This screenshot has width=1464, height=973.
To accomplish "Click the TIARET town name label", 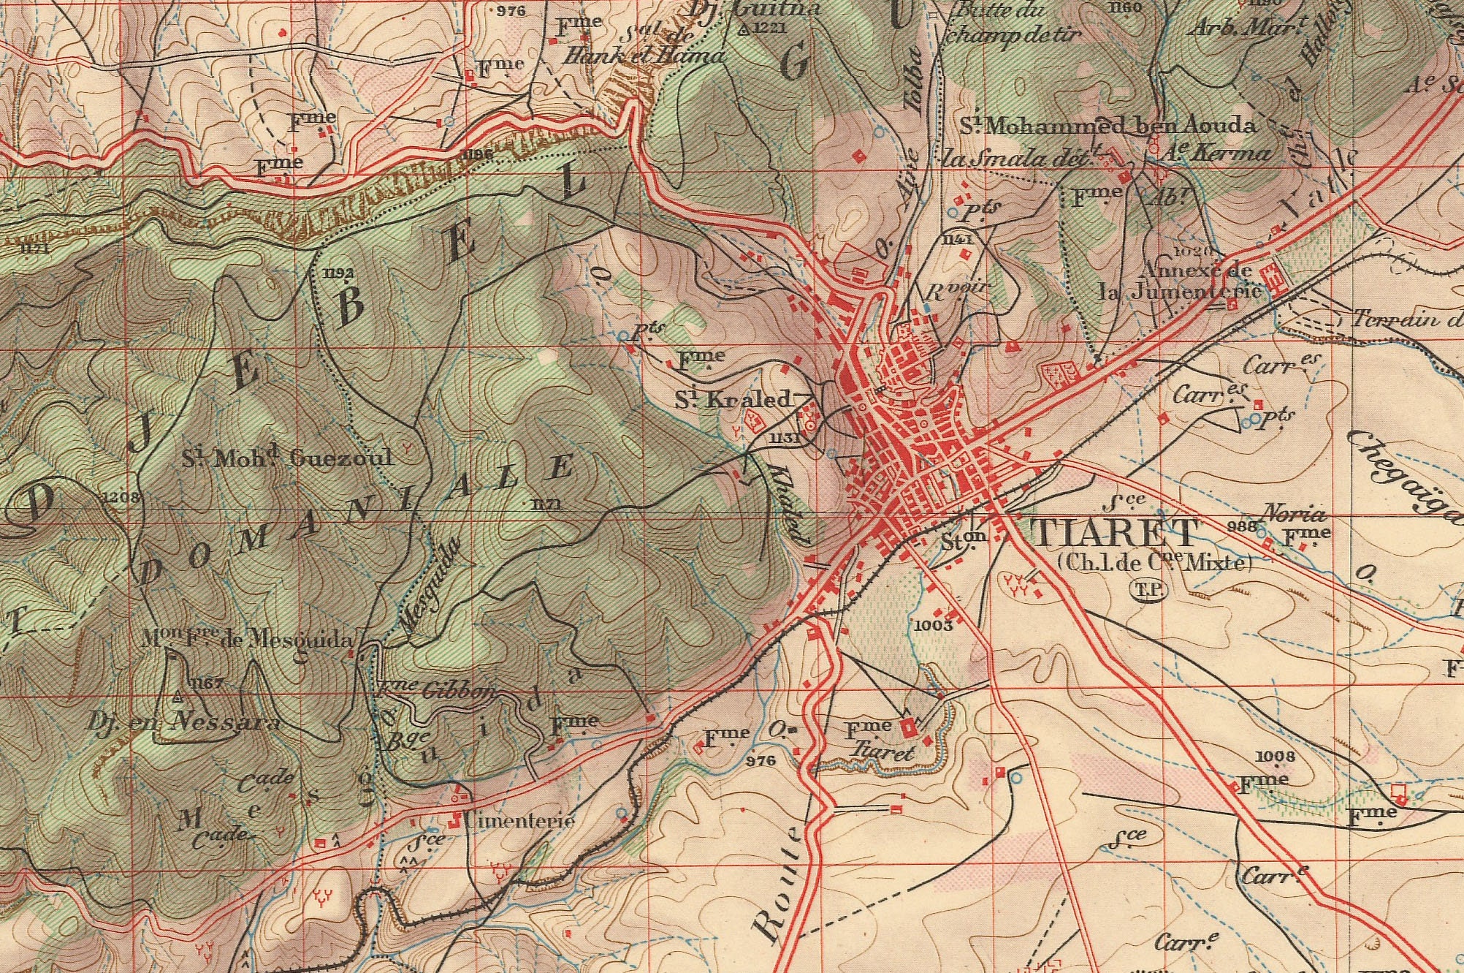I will click(1116, 534).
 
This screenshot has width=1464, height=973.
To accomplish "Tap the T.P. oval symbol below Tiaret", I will click(1149, 590).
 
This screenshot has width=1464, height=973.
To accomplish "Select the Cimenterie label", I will click(514, 820).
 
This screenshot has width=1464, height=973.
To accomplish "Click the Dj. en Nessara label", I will click(183, 723).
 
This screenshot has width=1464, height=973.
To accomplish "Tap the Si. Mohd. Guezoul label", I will click(287, 458).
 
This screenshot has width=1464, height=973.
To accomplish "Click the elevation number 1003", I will click(933, 625).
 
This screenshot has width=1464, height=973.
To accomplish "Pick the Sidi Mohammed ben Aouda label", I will click(1108, 126).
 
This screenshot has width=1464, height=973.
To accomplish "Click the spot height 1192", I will click(338, 273).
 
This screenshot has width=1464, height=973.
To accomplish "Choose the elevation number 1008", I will click(1275, 756).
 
